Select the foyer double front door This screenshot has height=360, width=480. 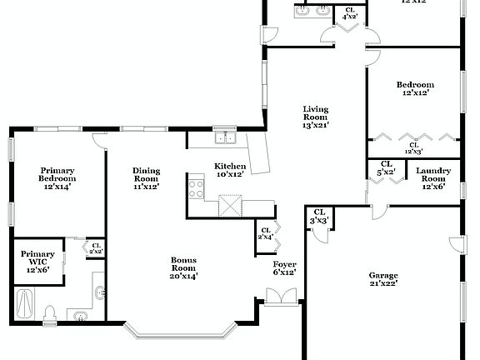click(x=276, y=296)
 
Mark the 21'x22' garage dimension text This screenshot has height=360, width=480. click(x=383, y=283)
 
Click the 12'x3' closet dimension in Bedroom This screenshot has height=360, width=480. click(x=412, y=151)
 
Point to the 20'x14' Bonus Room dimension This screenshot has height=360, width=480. click(x=184, y=276)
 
